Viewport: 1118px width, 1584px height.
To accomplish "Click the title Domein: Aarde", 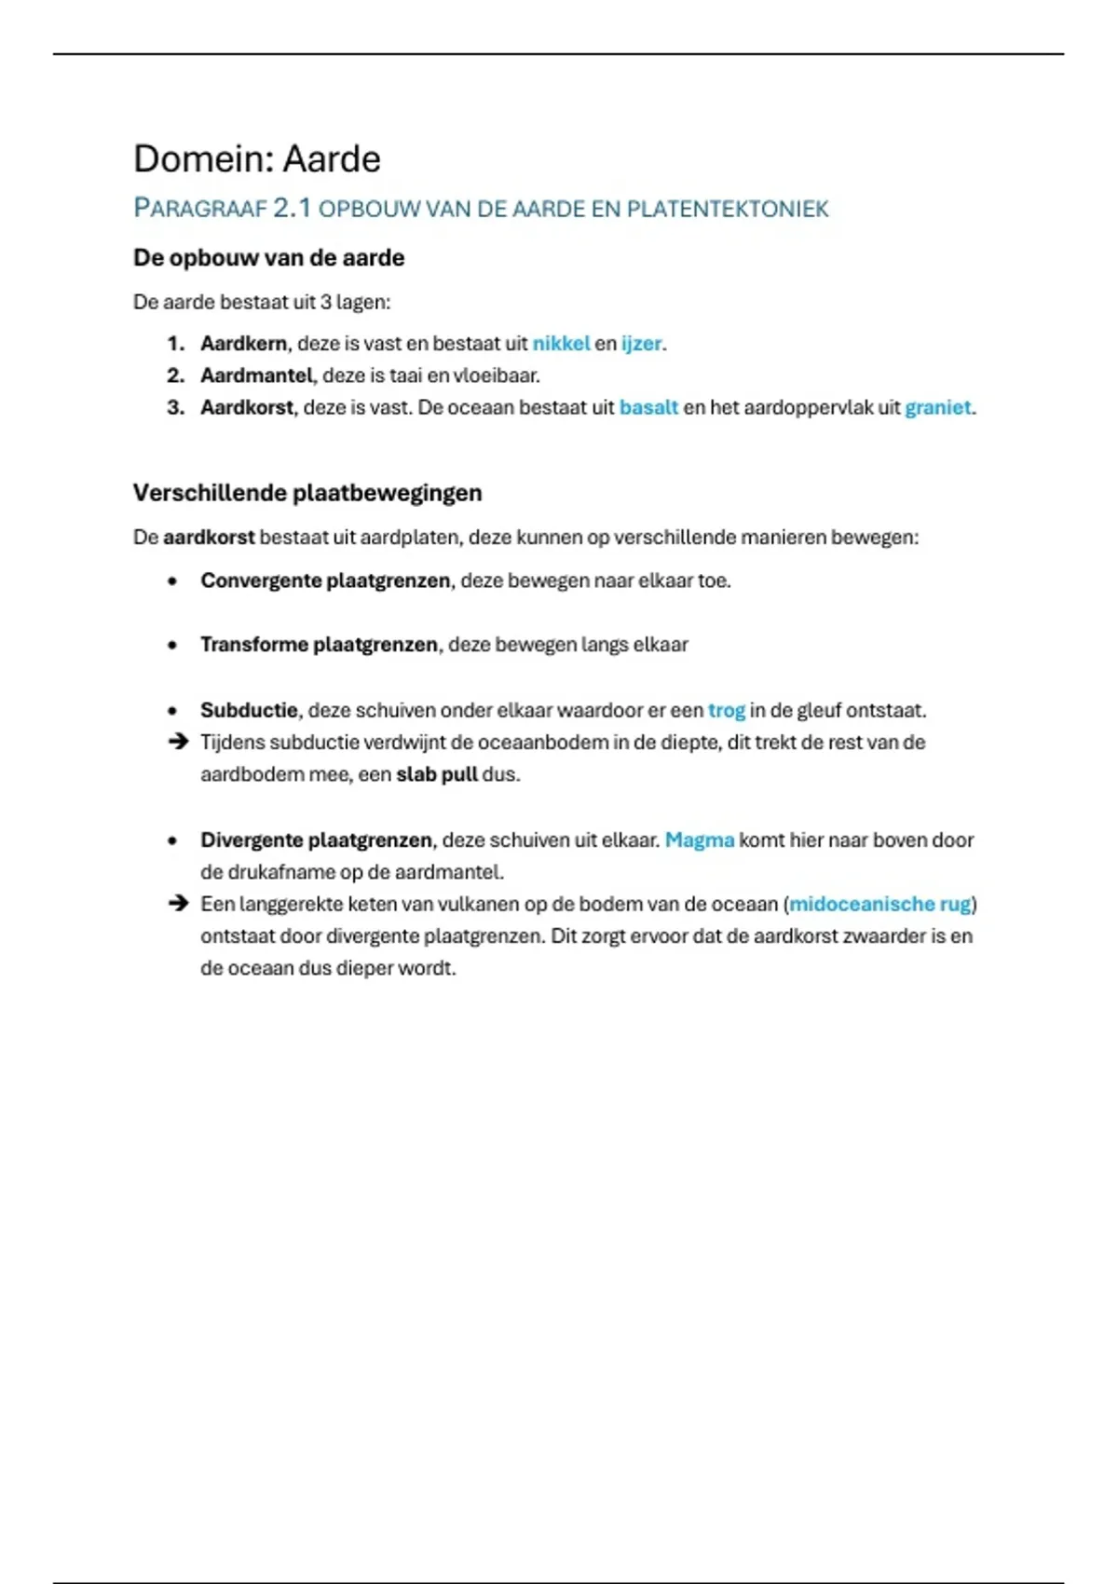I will (x=257, y=159).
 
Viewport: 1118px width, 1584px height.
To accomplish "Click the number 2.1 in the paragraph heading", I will (x=292, y=208).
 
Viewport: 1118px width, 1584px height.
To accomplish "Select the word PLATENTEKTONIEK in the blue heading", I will (x=727, y=209).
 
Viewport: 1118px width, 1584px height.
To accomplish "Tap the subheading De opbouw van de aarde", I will (x=268, y=258).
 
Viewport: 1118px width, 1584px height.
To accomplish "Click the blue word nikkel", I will (x=561, y=344).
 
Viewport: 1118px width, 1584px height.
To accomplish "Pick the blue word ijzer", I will (x=641, y=344).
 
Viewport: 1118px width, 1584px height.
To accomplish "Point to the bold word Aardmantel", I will (x=256, y=376).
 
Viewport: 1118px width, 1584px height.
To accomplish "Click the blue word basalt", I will (x=648, y=407).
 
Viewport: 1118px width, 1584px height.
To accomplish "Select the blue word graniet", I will (x=937, y=407).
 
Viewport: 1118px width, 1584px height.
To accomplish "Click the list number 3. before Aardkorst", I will (x=176, y=407).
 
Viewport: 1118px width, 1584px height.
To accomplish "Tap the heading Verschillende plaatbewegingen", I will (x=307, y=493).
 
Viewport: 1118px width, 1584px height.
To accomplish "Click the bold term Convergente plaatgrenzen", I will (x=326, y=580).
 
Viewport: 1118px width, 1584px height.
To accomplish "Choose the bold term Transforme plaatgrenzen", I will (x=319, y=645).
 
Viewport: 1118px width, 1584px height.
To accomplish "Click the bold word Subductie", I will (x=249, y=710).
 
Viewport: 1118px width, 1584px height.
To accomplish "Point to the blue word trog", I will (x=727, y=710).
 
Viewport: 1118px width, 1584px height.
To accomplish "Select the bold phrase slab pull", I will (x=436, y=774).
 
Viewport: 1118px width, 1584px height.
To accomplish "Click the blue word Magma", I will (x=699, y=840).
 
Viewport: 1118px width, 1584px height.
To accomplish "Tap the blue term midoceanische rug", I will (x=879, y=904).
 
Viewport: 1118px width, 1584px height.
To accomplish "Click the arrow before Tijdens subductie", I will (x=177, y=743).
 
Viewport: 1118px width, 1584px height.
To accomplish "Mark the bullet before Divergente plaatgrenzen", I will (x=172, y=840).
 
